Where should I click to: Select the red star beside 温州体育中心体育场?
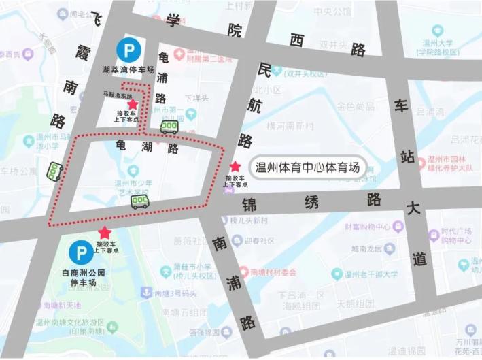click(x=235, y=166)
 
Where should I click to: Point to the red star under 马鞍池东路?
click(x=133, y=104)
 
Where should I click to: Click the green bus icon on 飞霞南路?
click(x=54, y=171)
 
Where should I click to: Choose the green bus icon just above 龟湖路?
click(x=169, y=127)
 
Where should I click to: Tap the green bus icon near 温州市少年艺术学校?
click(x=140, y=200)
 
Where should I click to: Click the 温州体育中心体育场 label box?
click(x=306, y=167)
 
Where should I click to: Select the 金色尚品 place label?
click(x=356, y=106)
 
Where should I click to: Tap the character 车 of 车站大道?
click(x=401, y=105)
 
